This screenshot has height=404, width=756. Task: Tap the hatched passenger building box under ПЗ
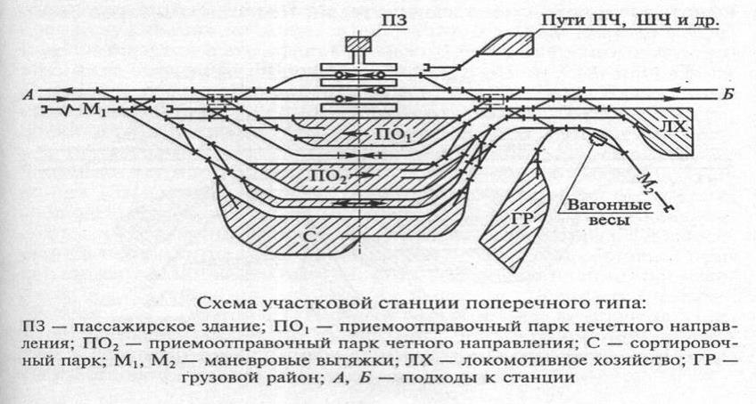click(x=358, y=44)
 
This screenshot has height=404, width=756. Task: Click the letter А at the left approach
click(x=30, y=93)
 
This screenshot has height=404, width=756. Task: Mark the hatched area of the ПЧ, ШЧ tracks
click(x=511, y=42)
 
